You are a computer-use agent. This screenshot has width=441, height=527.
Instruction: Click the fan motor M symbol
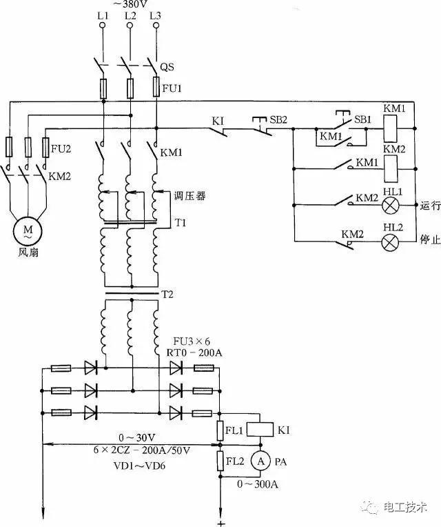pos(28,230)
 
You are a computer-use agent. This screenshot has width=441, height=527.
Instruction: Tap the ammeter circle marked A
pos(259,460)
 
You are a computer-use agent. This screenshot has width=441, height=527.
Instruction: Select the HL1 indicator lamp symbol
pos(392,205)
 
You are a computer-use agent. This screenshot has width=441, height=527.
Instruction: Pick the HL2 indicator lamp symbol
pos(392,241)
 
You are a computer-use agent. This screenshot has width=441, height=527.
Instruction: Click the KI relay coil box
pos(258,429)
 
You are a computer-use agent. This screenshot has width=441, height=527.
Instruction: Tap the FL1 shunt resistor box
pos(223,430)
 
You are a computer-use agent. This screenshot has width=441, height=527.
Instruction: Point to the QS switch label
pos(167,68)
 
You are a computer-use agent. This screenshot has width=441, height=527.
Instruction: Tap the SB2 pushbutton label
pos(279,119)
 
